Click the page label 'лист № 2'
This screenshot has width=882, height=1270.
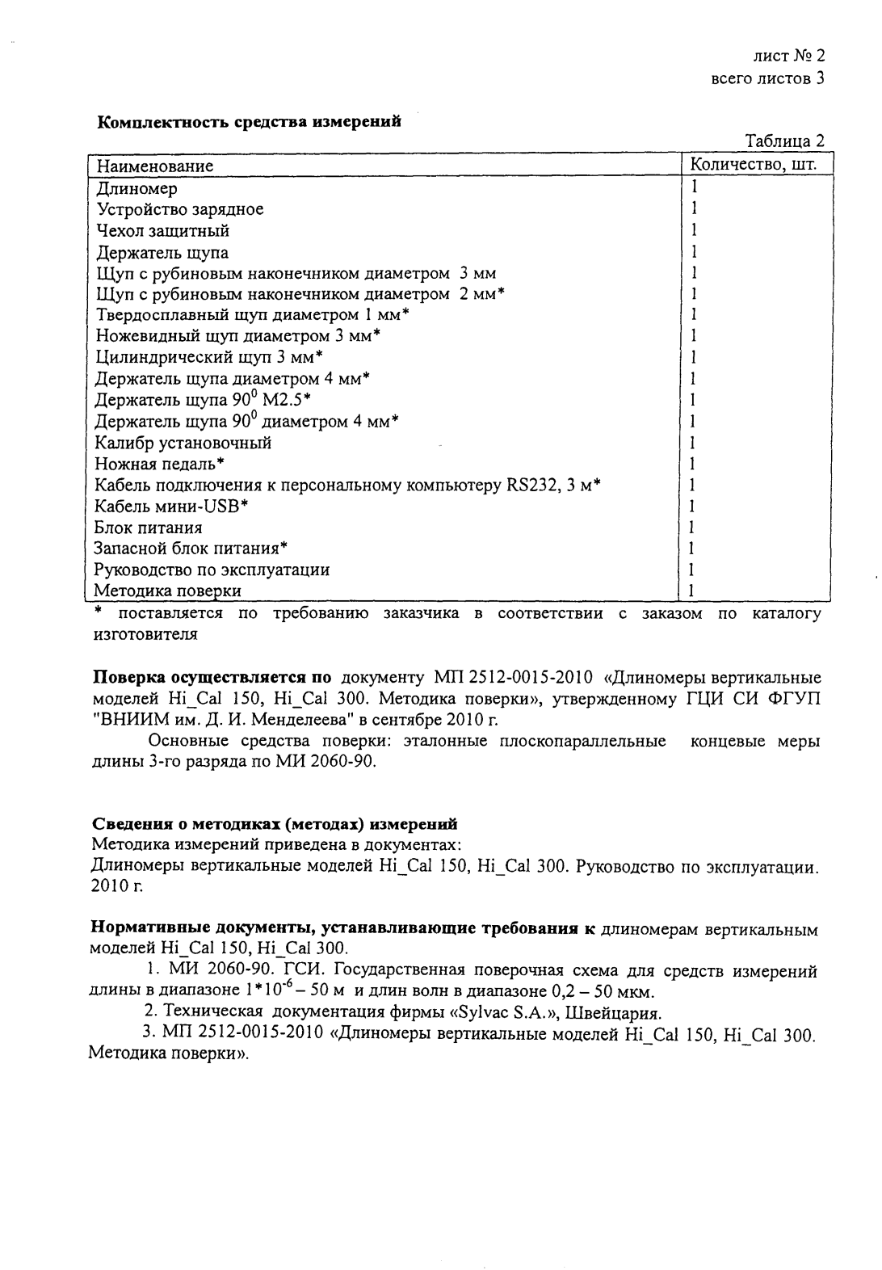pos(787,57)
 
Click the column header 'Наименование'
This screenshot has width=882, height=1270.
pos(155,166)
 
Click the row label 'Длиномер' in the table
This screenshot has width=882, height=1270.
pos(137,188)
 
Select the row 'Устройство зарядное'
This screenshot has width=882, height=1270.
pos(179,209)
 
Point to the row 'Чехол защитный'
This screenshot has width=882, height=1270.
pos(162,231)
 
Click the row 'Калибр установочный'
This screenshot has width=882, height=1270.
pos(183,443)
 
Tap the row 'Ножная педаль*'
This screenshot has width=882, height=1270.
pos(159,464)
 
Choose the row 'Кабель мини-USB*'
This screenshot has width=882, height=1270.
pos(171,507)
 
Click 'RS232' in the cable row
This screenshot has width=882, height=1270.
pos(532,485)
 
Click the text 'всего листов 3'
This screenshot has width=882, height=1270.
pos(767,78)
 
